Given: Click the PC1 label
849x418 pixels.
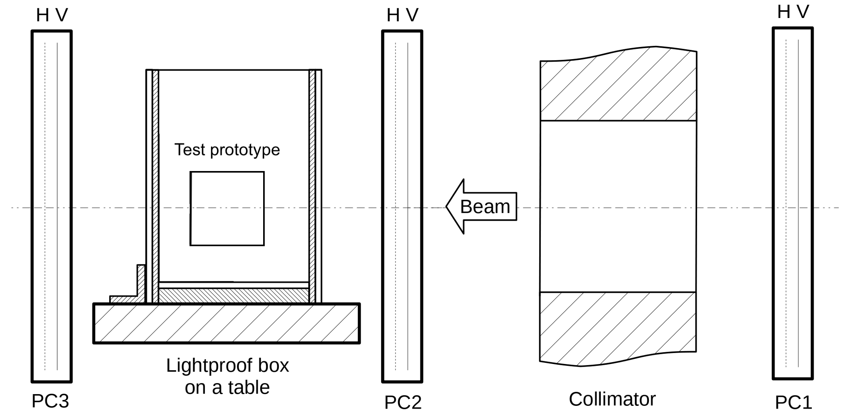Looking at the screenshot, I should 793,403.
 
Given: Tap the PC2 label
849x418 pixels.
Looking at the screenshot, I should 403,403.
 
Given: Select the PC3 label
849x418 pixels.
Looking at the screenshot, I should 50,401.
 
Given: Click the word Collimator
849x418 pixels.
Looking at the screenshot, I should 612,399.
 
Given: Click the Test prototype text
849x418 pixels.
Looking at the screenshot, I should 227,150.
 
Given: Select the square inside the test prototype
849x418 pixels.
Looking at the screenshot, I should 227,209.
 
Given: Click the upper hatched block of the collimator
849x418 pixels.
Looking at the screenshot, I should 618,88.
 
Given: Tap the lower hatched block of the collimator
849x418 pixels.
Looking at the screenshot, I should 618,327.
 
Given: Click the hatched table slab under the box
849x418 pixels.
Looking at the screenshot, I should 226,323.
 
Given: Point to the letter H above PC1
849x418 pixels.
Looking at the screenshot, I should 784,12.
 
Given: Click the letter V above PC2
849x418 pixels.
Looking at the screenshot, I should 412,15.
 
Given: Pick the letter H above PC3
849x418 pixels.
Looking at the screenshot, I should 42,15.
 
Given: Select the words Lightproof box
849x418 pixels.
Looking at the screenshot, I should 227,366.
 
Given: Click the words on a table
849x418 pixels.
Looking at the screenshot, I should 227,387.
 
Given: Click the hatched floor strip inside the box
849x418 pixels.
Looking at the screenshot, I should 233,295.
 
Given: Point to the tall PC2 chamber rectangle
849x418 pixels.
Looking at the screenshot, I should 402,117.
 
